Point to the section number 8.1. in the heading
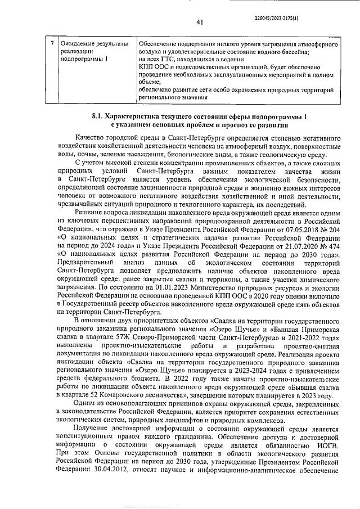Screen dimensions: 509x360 point(98,117)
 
